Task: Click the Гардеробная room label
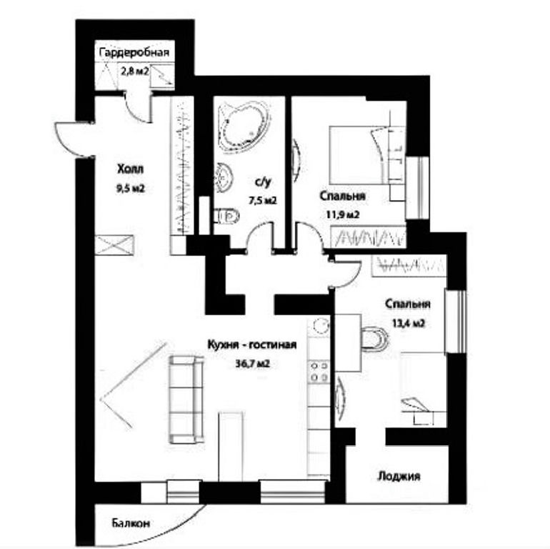click(134, 53)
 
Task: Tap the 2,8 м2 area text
click(135, 71)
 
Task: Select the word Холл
click(131, 169)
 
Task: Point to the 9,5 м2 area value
click(131, 189)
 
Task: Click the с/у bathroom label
click(264, 182)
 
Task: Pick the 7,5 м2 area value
click(263, 201)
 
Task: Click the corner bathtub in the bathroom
click(243, 126)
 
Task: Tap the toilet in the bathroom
click(226, 215)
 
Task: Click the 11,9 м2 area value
click(343, 214)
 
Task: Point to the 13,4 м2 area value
click(409, 323)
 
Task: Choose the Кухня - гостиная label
click(252, 345)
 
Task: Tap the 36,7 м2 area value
click(253, 364)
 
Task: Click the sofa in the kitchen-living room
click(186, 400)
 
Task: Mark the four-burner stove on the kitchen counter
click(319, 372)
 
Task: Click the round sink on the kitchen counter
click(320, 325)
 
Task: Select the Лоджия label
click(399, 476)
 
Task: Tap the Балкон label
click(131, 523)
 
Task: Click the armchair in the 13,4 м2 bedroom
click(374, 339)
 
